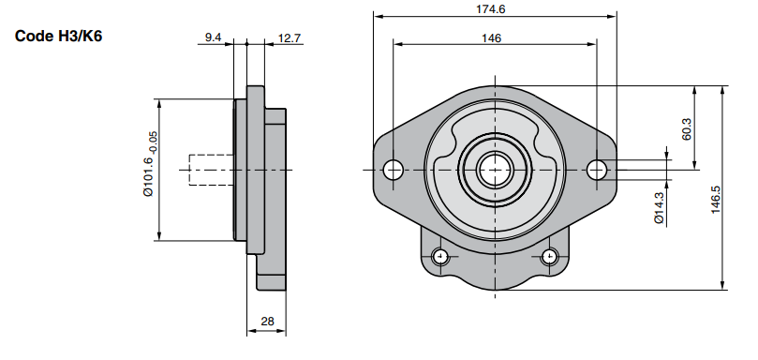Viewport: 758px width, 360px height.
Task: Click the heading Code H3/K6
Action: (58, 37)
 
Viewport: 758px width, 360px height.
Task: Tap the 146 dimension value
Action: (492, 37)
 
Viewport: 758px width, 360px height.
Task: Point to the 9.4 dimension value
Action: (213, 37)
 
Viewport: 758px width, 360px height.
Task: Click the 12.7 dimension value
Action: (290, 37)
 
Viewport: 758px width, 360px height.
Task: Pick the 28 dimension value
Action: (267, 321)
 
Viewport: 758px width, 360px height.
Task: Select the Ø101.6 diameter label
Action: (148, 176)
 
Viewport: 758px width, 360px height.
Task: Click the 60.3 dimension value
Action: (687, 129)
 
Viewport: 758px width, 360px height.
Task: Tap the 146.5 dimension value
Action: (716, 201)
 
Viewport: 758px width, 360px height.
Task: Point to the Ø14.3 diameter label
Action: (659, 208)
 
